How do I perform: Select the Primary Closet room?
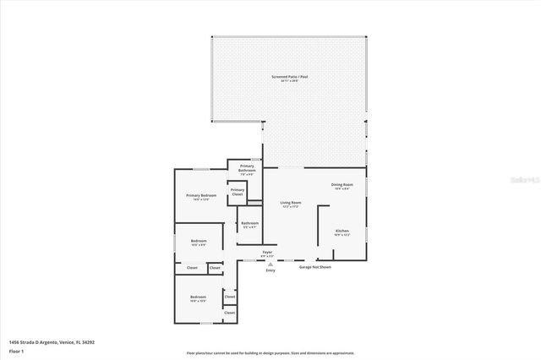pos(238,192)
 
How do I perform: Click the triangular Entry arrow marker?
pos(270,264)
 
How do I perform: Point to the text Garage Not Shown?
pos(315,267)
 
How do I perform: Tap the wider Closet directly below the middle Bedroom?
pos(192,268)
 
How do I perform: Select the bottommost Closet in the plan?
pos(230,313)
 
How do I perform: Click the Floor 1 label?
pos(16,350)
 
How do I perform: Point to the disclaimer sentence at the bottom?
pos(270,353)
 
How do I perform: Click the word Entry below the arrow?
pos(270,270)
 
